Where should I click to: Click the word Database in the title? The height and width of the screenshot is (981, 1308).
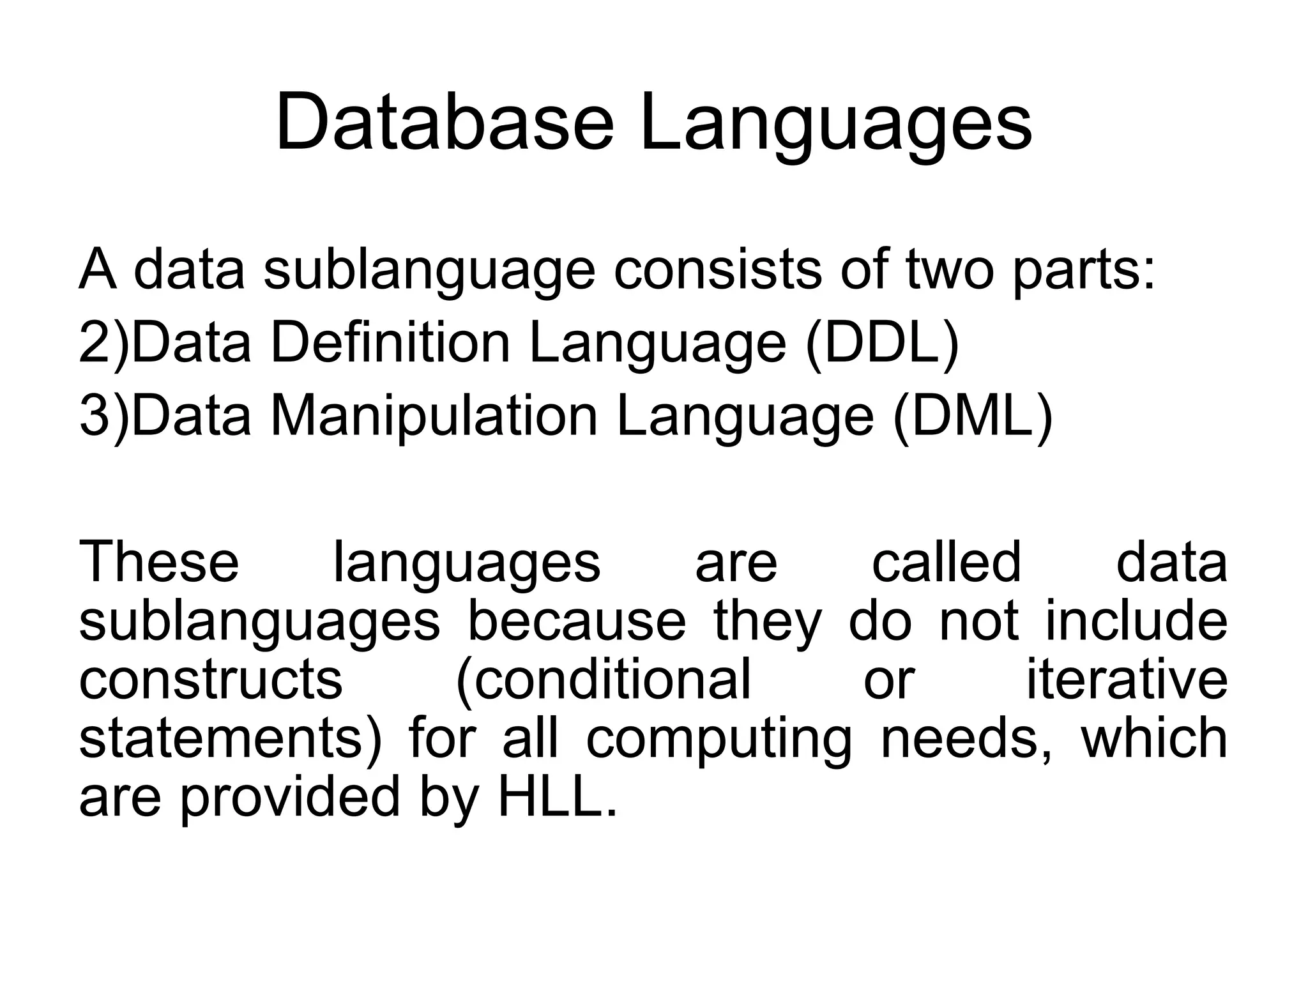pos(444,122)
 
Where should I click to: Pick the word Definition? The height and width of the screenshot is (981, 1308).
pos(390,343)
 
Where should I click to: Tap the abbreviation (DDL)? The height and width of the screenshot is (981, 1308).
pos(882,343)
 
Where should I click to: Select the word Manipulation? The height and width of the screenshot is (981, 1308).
pos(434,416)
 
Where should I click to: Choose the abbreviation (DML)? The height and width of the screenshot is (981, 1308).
pos(973,416)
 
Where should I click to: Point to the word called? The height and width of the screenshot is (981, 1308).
pos(947,562)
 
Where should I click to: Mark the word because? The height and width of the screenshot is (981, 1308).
pos(577,621)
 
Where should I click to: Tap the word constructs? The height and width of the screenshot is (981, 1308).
pos(210,680)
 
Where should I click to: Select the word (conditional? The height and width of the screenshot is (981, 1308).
pos(603,680)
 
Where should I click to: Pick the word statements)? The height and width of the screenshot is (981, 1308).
pos(230,738)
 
